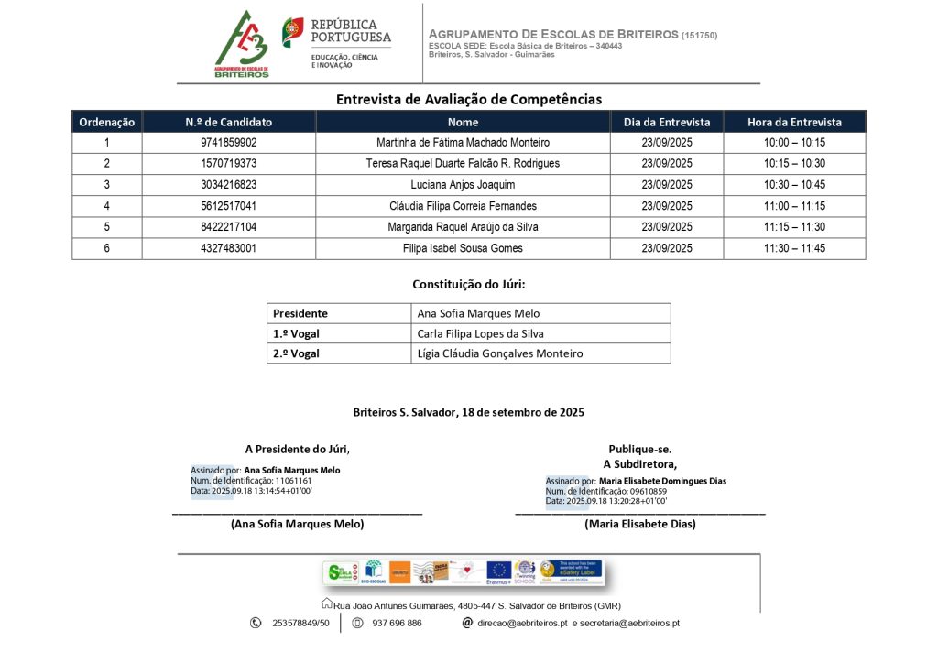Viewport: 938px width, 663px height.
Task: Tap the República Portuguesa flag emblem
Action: pos(293,32)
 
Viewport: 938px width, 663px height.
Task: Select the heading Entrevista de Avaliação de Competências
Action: pos(469,99)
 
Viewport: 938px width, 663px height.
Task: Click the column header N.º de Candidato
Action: pos(229,122)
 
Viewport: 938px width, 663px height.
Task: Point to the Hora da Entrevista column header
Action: pos(794,122)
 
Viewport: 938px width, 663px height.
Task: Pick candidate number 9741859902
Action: pos(229,143)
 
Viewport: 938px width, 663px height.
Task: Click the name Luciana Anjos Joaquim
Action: pos(463,185)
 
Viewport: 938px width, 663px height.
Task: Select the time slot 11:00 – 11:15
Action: pos(794,206)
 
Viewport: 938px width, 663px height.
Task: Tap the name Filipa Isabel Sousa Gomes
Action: pos(463,248)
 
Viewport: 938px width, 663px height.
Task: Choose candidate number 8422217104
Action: pos(229,227)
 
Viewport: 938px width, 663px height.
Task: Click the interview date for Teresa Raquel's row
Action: pos(667,164)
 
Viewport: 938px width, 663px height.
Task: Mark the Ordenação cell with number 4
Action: pos(106,206)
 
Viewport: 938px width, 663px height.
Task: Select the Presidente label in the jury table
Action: pos(300,313)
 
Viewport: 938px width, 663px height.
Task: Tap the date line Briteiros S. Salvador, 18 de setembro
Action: pos(469,413)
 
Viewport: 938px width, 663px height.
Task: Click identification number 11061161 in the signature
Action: pos(293,481)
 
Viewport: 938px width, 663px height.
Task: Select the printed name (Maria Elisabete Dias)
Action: pos(640,524)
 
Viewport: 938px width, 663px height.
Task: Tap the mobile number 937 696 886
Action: pos(397,623)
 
